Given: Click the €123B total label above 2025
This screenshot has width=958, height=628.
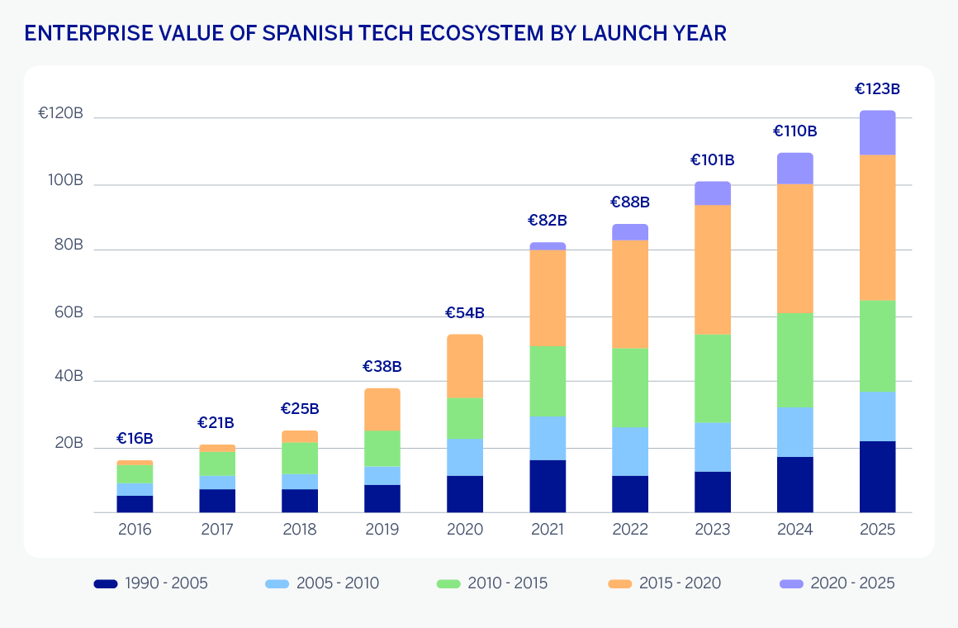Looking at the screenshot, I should pyautogui.click(x=877, y=88).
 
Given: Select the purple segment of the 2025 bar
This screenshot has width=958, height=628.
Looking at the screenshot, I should pyautogui.click(x=877, y=132).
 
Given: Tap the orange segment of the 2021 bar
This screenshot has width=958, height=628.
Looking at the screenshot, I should pyautogui.click(x=548, y=297).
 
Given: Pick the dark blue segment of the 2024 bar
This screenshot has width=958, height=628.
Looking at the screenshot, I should pyautogui.click(x=794, y=484).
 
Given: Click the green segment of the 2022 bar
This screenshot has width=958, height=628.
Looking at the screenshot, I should pyautogui.click(x=629, y=387).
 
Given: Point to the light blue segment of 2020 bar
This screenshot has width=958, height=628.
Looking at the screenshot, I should pyautogui.click(x=464, y=457).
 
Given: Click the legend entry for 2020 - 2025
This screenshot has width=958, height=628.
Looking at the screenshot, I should pyautogui.click(x=837, y=583).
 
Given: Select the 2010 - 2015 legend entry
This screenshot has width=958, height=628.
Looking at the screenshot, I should pyautogui.click(x=492, y=583).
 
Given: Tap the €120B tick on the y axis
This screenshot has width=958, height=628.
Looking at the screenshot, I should pyautogui.click(x=60, y=114).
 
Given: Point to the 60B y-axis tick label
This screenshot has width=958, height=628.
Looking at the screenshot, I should pyautogui.click(x=67, y=312).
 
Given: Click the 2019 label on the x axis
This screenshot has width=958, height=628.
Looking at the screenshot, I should pyautogui.click(x=382, y=530).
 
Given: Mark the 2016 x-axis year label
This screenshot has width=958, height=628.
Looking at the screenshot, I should pyautogui.click(x=135, y=530).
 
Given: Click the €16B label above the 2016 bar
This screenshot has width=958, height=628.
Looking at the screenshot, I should pyautogui.click(x=135, y=439).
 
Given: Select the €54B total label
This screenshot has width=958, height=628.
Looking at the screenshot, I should pyautogui.click(x=464, y=313).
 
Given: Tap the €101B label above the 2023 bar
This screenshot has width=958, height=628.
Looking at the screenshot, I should pyautogui.click(x=712, y=160).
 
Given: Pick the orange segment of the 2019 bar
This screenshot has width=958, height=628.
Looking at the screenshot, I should pyautogui.click(x=382, y=409).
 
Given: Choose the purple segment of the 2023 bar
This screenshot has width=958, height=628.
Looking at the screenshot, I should pyautogui.click(x=712, y=193).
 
